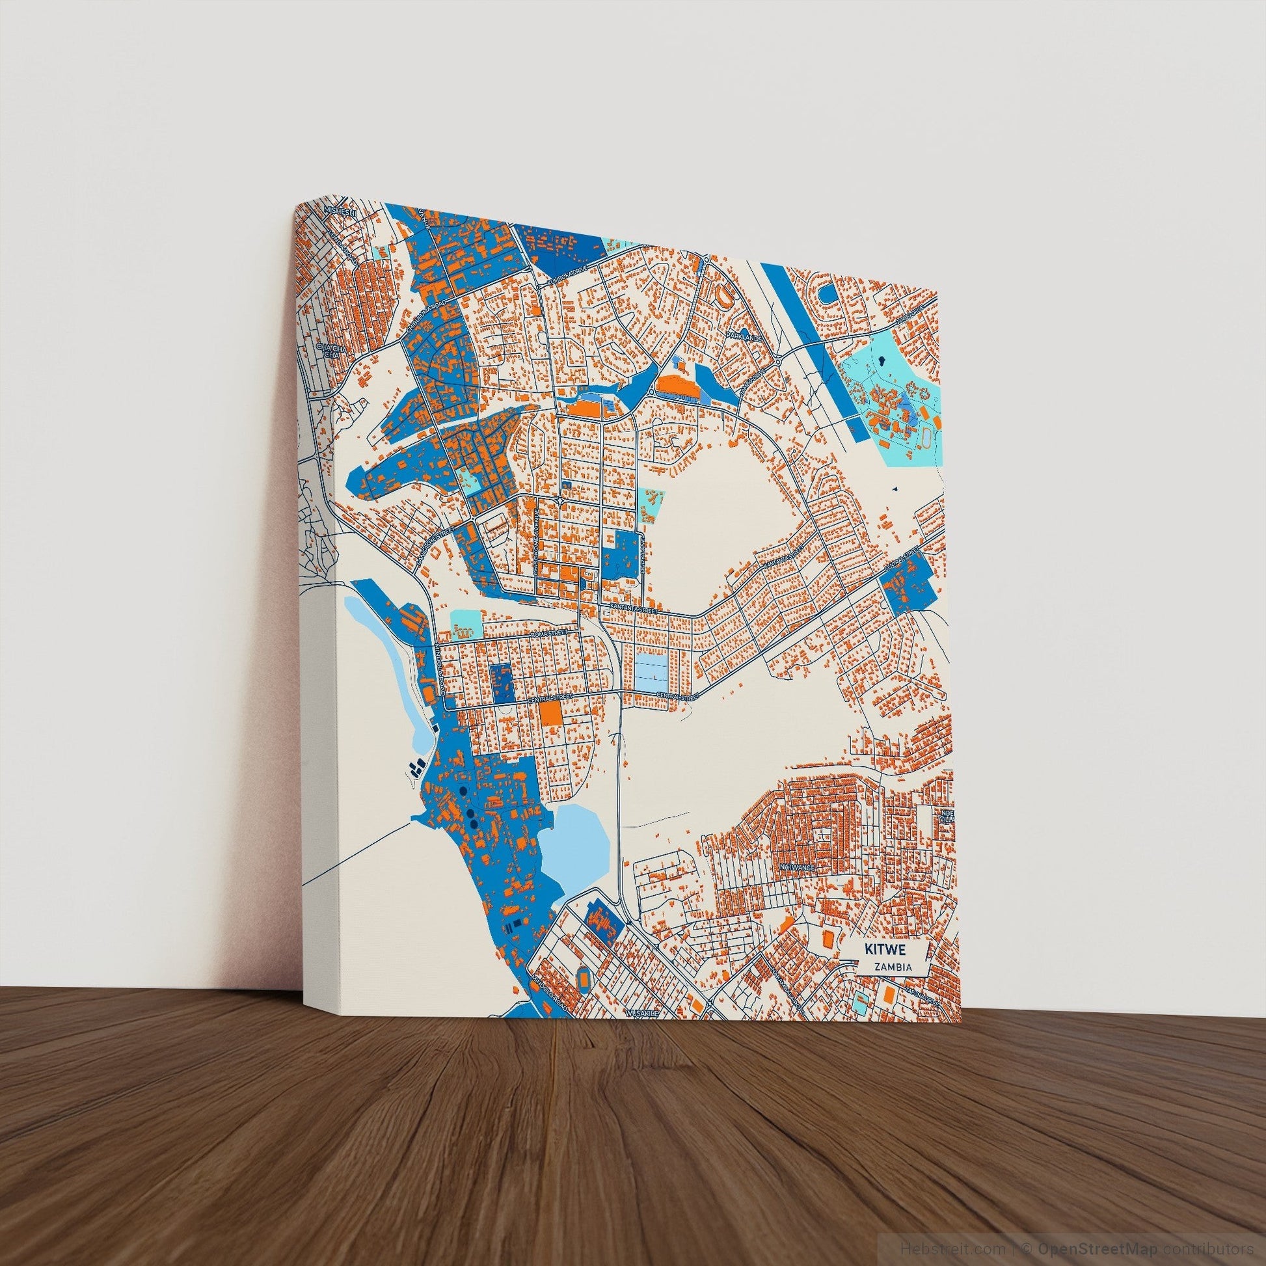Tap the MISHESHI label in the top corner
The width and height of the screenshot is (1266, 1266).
coord(340,210)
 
